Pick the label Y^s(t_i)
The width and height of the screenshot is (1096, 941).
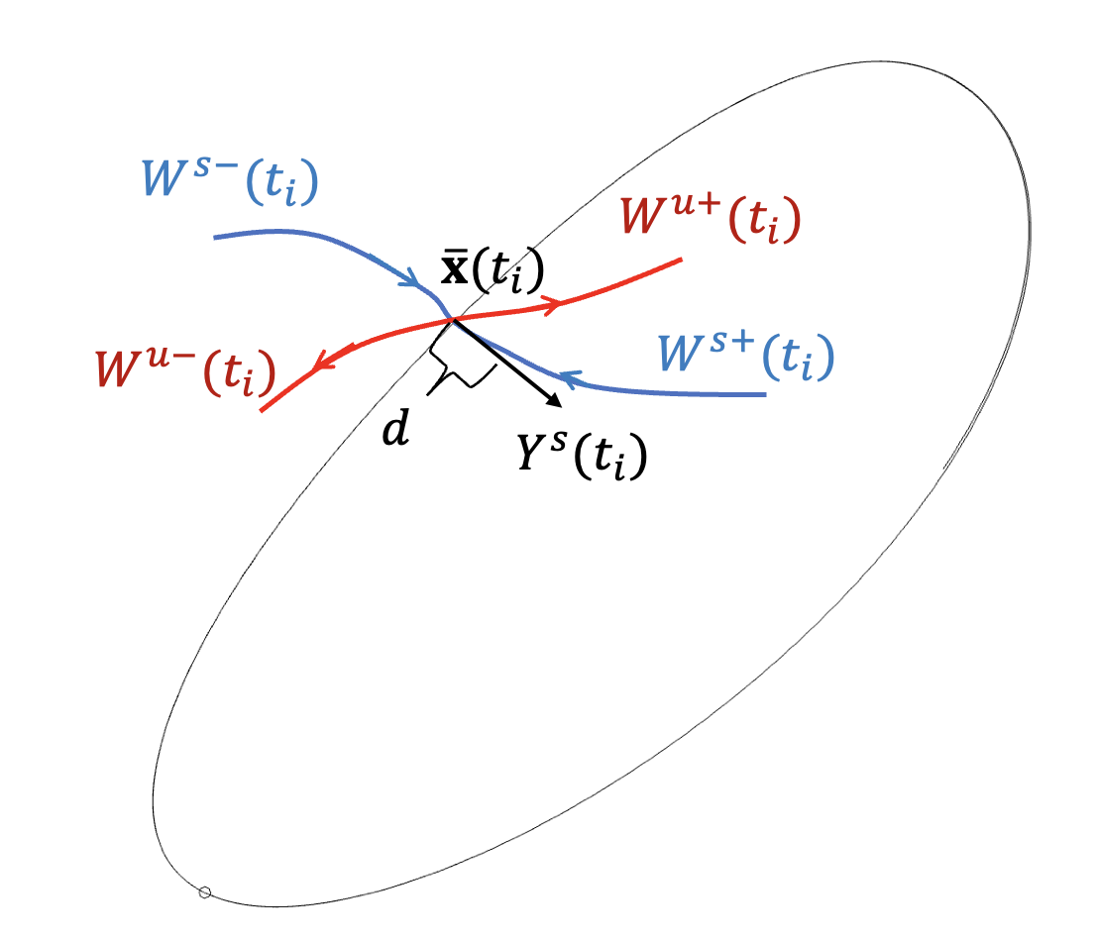(582, 457)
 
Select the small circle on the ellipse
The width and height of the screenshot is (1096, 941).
(205, 892)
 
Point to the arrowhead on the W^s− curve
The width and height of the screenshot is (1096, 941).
(408, 281)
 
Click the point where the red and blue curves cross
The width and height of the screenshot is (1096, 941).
(453, 319)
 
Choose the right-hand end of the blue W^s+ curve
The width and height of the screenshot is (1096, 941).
(766, 394)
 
